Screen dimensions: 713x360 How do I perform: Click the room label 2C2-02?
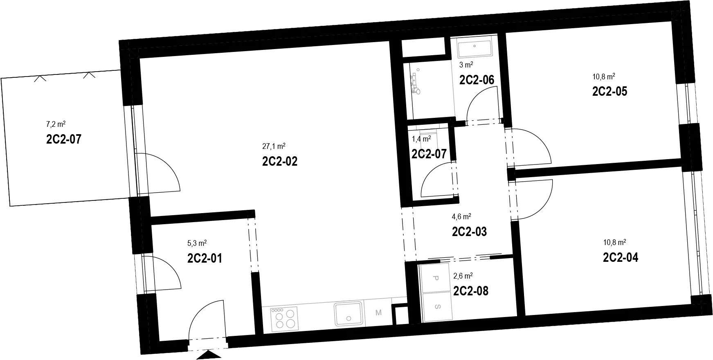(x=280, y=161)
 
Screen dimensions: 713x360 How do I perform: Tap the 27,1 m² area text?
(x=274, y=146)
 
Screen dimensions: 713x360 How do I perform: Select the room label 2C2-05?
(x=610, y=91)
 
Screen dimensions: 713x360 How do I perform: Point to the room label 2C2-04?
(x=621, y=257)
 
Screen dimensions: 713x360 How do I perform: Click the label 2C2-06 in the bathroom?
(x=477, y=80)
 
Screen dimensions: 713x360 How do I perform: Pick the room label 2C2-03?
(x=470, y=232)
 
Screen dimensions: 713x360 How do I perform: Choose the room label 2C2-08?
(x=471, y=291)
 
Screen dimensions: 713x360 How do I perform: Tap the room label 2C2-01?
(x=205, y=259)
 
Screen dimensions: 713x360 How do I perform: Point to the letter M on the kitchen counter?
(x=378, y=313)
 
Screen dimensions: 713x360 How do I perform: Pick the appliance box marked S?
(x=437, y=306)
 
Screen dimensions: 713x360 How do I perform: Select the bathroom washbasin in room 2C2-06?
(x=475, y=48)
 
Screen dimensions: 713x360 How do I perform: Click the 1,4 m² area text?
(x=421, y=139)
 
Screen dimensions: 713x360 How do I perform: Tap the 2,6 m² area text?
(x=463, y=276)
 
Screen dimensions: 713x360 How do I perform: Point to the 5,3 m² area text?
(x=197, y=243)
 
